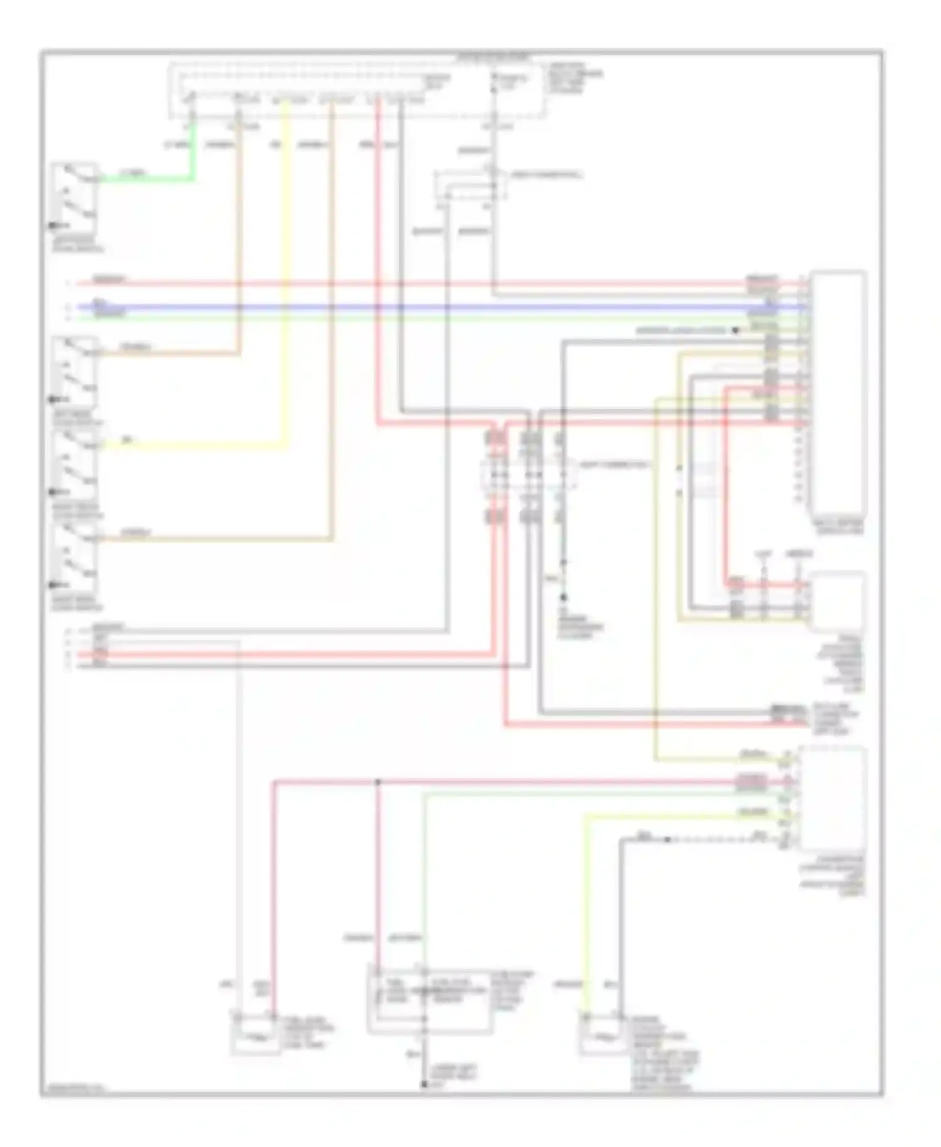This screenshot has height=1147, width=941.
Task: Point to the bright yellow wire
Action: click(x=286, y=282)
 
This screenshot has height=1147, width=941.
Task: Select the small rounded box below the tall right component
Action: click(x=838, y=601)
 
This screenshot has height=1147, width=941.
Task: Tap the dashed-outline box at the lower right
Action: click(x=832, y=798)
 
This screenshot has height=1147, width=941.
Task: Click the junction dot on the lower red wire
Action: click(x=378, y=782)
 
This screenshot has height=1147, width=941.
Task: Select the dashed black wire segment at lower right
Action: click(x=709, y=840)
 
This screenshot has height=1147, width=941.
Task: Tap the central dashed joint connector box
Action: click(x=528, y=475)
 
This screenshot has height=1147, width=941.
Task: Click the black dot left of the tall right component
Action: click(x=736, y=330)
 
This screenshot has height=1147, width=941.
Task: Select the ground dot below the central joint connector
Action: click(x=563, y=597)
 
